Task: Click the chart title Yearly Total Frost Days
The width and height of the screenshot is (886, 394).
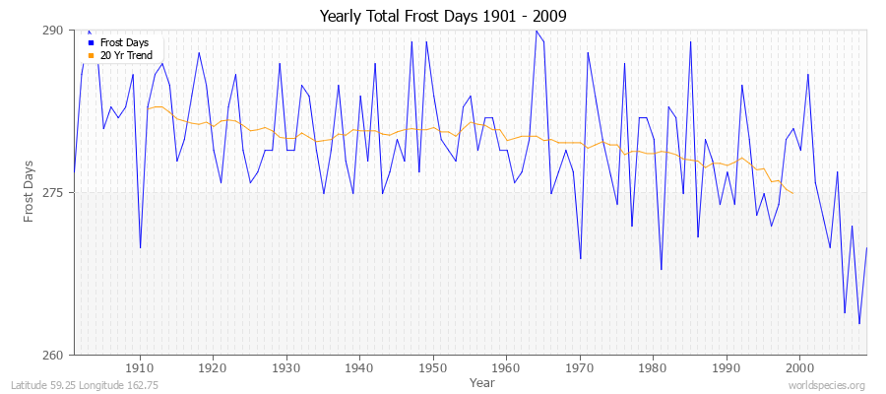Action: [x=443, y=17]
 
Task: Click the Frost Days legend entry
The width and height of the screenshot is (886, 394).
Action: [x=125, y=42]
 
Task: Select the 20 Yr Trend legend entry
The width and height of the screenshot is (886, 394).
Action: [x=126, y=55]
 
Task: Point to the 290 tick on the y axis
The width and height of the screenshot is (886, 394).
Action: [x=51, y=31]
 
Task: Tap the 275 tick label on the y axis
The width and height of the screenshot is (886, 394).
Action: [x=51, y=193]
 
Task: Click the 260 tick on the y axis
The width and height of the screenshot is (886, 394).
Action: [x=51, y=355]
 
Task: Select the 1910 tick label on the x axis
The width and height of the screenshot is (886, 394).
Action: [x=140, y=366]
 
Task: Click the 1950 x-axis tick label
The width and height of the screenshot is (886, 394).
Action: [x=433, y=366]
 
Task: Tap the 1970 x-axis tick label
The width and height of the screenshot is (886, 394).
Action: [x=580, y=366]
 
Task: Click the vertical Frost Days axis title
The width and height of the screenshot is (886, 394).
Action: [x=31, y=191]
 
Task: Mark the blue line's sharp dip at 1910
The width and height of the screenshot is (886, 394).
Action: [x=140, y=247]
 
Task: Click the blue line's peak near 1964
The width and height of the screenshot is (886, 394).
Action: [x=536, y=31]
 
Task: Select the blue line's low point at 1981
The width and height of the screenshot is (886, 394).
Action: [x=661, y=269]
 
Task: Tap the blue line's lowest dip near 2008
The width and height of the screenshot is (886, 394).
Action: [x=858, y=323]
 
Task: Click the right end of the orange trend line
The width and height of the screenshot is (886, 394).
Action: [x=792, y=193]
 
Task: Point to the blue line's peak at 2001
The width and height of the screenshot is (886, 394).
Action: [x=807, y=74]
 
